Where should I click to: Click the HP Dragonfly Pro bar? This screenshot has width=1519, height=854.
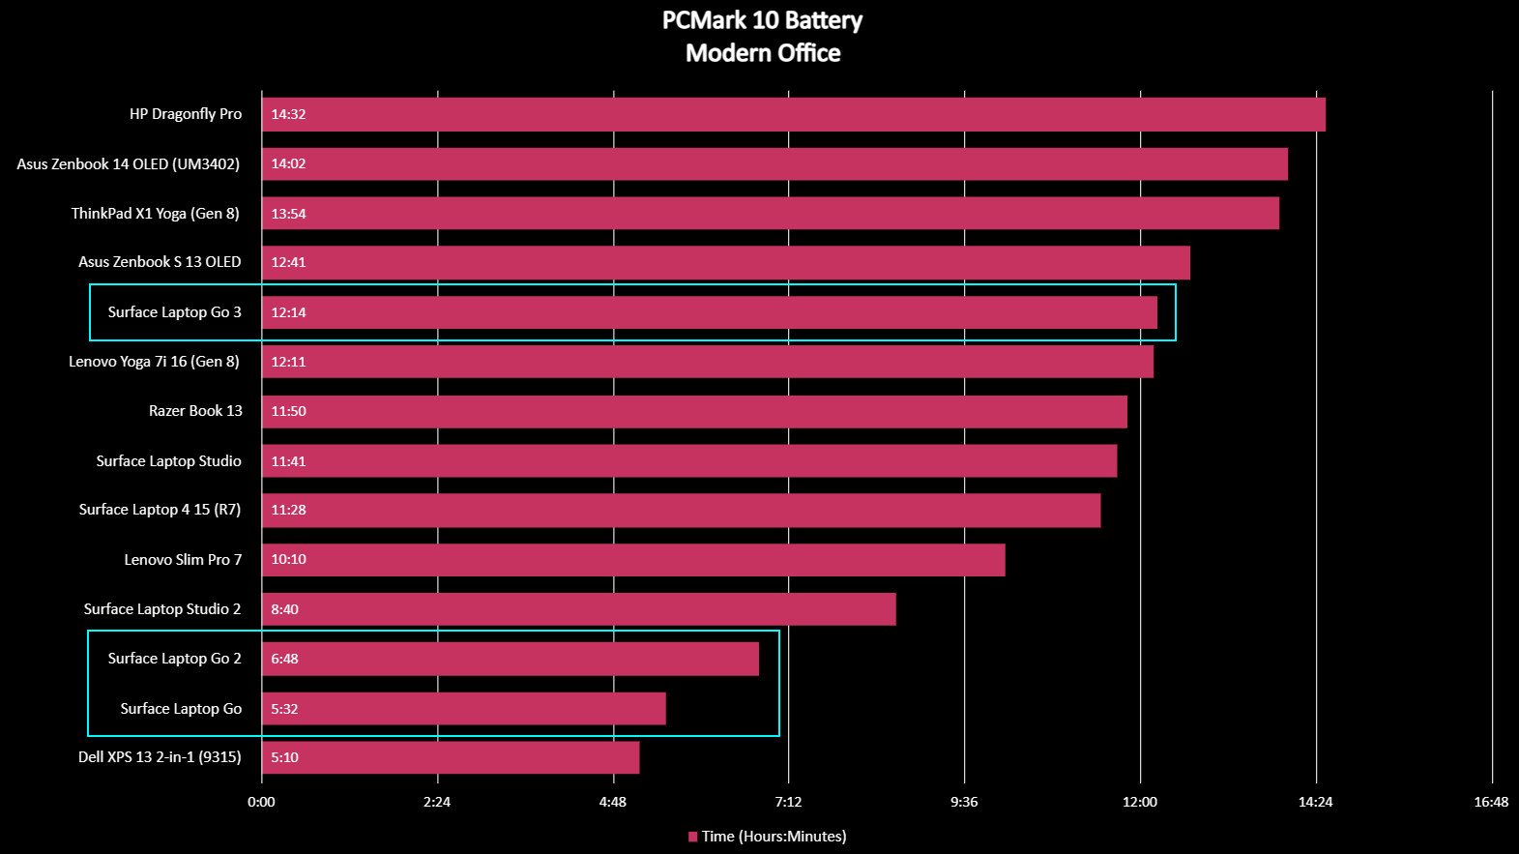tap(793, 114)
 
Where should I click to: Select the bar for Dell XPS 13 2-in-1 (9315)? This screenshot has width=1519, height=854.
tap(451, 757)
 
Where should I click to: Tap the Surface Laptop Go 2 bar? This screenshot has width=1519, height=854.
tap(511, 659)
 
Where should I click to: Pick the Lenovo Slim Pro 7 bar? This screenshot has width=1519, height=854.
tap(633, 560)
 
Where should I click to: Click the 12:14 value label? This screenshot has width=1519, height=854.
tap(288, 312)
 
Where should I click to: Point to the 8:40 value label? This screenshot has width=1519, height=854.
tap(284, 609)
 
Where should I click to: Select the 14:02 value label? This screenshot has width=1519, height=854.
tap(288, 163)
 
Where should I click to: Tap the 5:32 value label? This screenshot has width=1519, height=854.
tap(284, 709)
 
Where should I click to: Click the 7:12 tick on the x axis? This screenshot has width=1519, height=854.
tap(788, 802)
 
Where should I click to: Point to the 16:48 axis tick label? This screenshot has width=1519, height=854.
tap(1491, 802)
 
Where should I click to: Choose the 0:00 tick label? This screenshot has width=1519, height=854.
tap(261, 802)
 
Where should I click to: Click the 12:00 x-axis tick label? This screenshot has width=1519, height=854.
tap(1140, 802)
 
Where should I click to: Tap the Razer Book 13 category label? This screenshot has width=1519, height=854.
tap(195, 411)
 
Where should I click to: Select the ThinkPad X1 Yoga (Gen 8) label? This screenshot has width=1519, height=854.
tap(155, 214)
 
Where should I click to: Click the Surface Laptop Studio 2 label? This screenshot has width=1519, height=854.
tap(162, 609)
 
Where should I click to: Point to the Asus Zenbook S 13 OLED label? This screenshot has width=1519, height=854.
tap(160, 262)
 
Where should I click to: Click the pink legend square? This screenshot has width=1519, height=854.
tap(692, 837)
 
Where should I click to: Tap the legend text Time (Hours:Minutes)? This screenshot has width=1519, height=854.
tap(774, 837)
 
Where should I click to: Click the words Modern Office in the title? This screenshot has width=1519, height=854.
tap(763, 53)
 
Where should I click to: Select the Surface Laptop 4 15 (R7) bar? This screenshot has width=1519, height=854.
tap(681, 511)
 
